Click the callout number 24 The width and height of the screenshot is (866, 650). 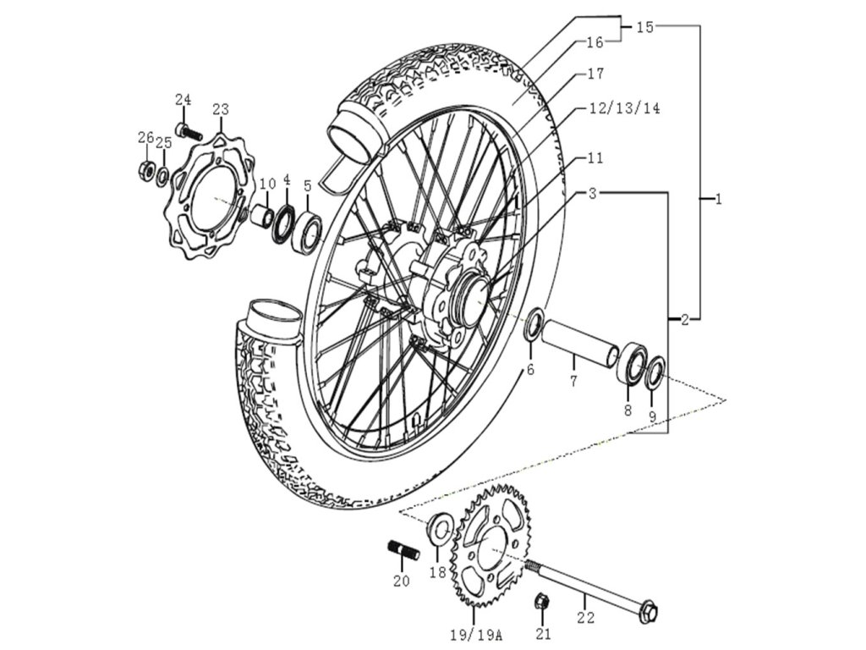coord(184,100)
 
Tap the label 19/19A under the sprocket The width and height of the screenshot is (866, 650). coord(474,636)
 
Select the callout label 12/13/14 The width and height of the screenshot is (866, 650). coord(624,108)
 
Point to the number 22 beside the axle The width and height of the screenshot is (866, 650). coord(585,617)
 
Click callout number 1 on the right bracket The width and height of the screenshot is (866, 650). coord(718,199)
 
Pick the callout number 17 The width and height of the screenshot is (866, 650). coord(596,73)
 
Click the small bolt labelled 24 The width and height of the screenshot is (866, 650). coord(189,131)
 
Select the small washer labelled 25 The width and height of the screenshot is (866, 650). coord(163,176)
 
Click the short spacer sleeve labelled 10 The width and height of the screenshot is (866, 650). coord(263,216)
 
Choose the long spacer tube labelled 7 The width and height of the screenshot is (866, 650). coord(580,342)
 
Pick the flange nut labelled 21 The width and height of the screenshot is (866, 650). coord(542,602)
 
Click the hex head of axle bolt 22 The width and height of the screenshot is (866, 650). coord(649,612)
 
